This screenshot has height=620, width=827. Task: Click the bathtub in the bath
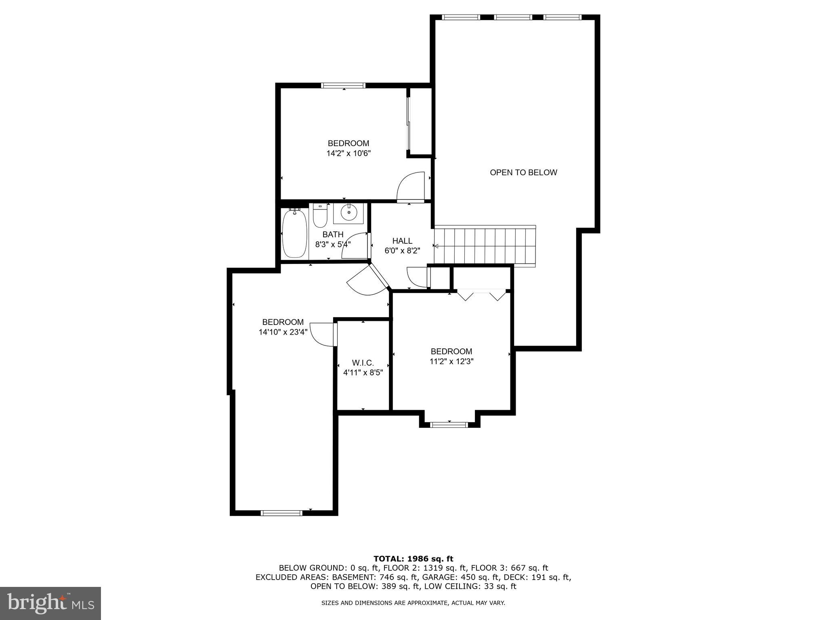294,234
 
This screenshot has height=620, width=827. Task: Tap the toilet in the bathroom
320,216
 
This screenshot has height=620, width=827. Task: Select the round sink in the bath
348,212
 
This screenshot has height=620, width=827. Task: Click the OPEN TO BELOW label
523,172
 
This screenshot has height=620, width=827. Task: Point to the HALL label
402,241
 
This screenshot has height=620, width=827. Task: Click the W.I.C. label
363,363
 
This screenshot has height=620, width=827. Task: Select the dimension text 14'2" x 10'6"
348,153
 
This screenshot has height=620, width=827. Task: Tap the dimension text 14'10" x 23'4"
283,332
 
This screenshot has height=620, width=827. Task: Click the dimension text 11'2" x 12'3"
451,361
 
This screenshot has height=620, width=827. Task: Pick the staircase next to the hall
485,245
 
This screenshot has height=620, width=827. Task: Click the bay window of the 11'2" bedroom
449,424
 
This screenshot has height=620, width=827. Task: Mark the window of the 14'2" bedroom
343,86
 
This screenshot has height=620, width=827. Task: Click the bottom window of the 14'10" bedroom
281,513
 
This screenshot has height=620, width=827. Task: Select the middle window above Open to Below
513,17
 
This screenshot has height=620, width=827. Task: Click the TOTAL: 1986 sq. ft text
413,559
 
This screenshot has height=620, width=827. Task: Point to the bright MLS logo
50,603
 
